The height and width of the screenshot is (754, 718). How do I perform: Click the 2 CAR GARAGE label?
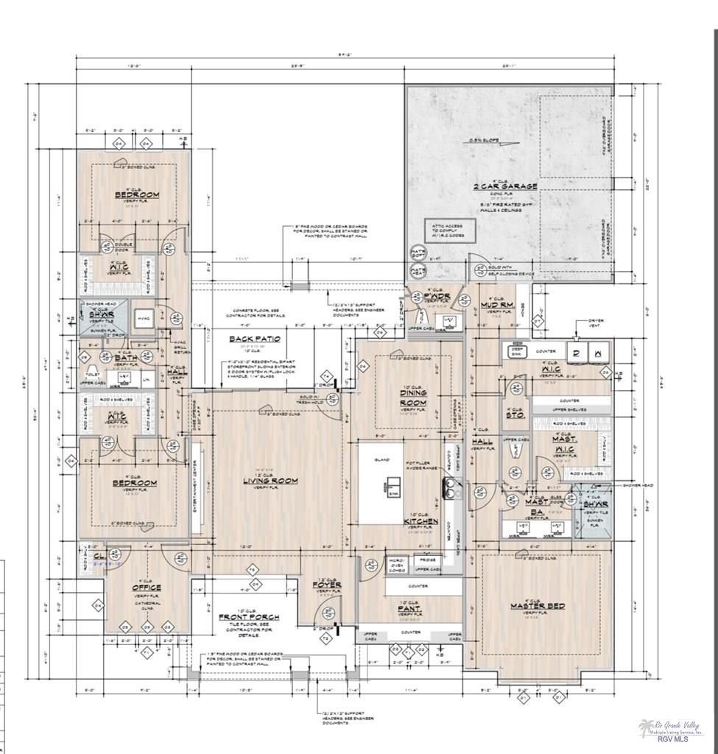coord(504,186)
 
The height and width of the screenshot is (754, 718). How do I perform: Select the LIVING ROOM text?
coord(270,481)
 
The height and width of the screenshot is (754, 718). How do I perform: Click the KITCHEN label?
coord(420,521)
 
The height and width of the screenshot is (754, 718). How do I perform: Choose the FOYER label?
coord(326,585)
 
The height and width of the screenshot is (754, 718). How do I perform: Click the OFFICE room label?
coord(147,588)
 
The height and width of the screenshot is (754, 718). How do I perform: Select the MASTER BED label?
coord(538,606)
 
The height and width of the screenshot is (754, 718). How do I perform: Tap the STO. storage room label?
coord(515,415)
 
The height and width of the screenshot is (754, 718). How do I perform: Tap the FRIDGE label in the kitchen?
coord(427,560)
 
